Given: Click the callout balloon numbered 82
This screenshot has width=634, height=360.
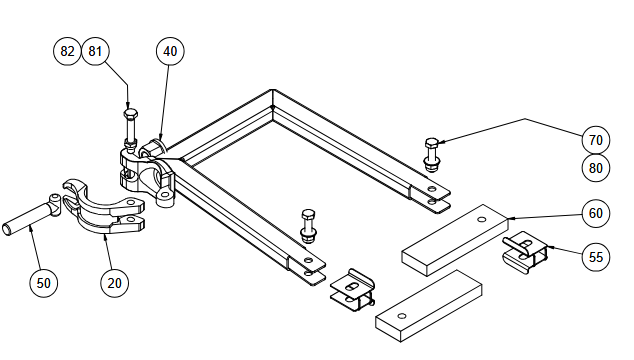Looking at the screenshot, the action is (67, 51).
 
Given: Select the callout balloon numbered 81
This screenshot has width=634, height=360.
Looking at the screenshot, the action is (95, 51).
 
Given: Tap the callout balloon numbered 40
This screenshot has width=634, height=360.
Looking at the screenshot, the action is (170, 51).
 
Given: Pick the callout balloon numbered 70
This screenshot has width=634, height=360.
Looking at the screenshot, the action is (596, 140).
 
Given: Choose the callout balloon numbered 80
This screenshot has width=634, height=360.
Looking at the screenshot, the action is (596, 168).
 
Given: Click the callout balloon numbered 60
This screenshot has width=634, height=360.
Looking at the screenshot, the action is (596, 213).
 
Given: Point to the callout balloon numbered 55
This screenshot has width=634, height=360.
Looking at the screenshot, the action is (596, 257).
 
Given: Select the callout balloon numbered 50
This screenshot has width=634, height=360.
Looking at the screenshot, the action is (44, 283).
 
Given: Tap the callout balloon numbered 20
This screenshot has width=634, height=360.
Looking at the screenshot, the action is (114, 283).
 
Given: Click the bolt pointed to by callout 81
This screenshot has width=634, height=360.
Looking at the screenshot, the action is (130, 128).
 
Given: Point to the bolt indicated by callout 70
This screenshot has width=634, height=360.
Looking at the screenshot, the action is (431, 155).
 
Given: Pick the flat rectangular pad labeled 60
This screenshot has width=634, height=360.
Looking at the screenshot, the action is (455, 240).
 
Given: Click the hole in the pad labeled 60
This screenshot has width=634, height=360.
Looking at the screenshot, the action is (481, 220).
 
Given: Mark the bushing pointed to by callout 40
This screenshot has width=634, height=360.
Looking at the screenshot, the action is (153, 148).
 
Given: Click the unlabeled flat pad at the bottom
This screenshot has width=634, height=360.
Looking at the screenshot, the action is (429, 306).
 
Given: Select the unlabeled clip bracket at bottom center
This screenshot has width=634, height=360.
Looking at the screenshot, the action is (353, 290).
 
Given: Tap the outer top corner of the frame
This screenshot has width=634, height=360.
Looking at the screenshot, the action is (272, 89).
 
